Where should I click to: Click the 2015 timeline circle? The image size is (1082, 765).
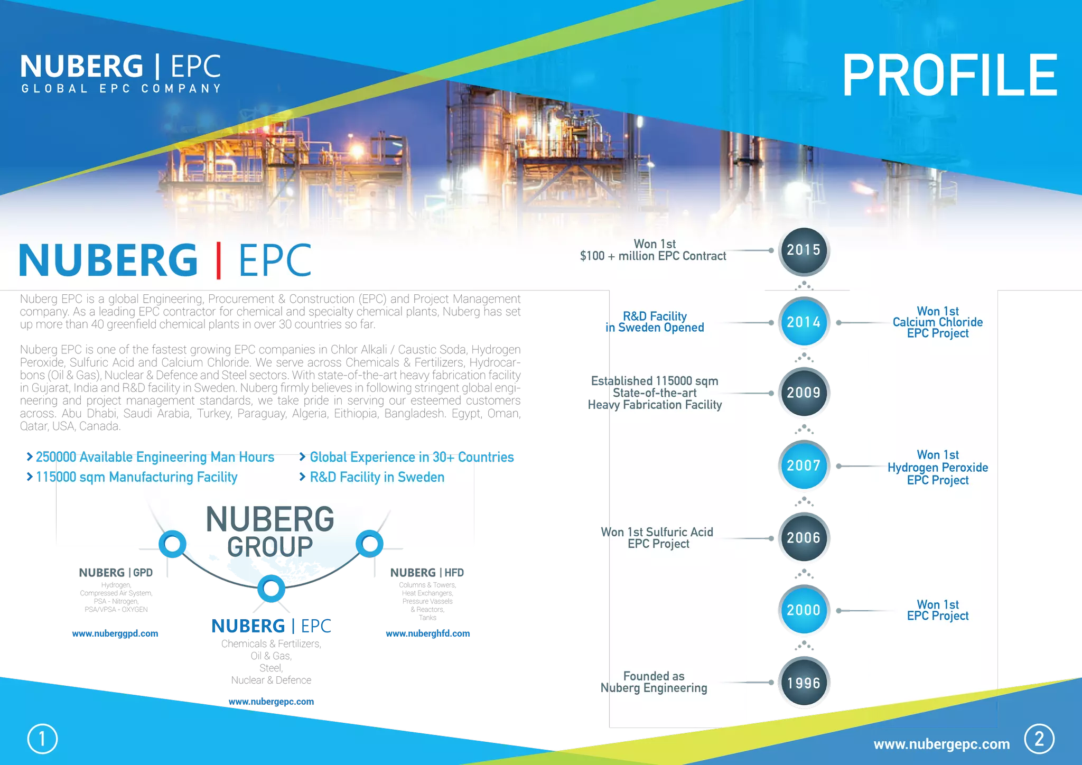[804, 250]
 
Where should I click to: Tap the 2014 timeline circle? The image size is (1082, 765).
[804, 322]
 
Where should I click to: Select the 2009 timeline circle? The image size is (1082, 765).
[804, 393]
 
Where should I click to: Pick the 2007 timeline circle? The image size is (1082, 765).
[804, 465]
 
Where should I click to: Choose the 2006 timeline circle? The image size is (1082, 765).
[804, 538]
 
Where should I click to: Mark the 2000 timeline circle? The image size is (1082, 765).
[804, 610]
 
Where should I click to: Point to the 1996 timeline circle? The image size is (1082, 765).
[804, 683]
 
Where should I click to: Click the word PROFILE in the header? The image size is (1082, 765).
[949, 76]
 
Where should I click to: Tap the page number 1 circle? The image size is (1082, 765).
[42, 739]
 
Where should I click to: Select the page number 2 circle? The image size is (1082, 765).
[1039, 739]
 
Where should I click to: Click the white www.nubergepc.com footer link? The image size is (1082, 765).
[941, 744]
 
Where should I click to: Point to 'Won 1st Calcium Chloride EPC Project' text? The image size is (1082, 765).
[937, 322]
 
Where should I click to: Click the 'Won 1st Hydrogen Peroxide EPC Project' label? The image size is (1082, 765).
[937, 468]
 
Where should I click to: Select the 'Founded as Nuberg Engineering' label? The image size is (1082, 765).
[654, 682]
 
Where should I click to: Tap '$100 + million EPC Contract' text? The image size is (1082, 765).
[653, 256]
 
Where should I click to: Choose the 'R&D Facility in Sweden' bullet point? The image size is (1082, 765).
[377, 477]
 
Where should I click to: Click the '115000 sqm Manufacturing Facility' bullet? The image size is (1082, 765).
[136, 477]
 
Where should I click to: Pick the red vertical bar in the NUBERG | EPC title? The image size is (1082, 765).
[218, 260]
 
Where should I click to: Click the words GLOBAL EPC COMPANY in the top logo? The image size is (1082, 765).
[121, 89]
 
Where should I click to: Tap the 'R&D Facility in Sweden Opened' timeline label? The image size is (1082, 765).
[655, 322]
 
